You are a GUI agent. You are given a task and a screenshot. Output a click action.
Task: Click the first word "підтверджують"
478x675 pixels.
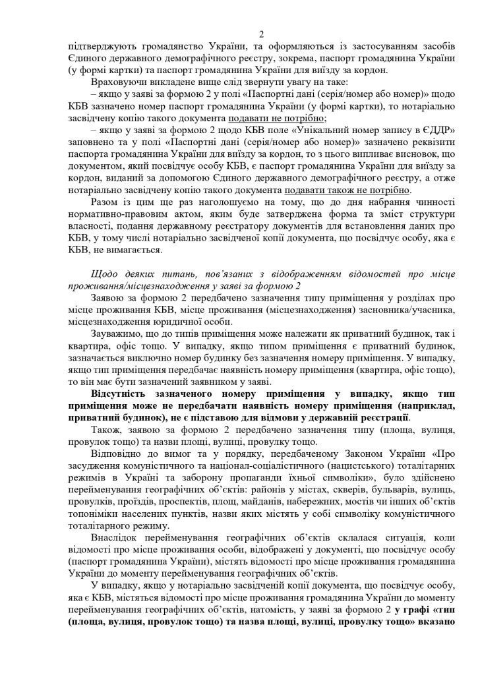click(95, 47)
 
